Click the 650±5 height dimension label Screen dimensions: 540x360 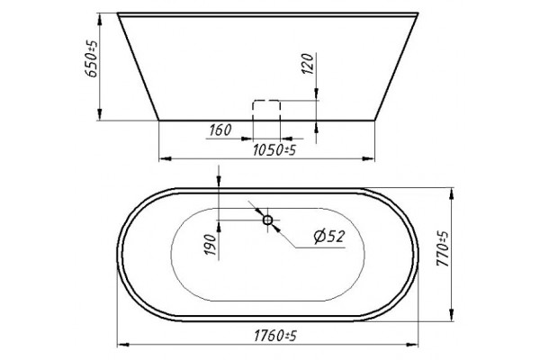[91, 58]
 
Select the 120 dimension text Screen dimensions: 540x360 [307, 64]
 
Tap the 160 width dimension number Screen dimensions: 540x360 [220, 130]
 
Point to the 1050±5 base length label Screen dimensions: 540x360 [274, 150]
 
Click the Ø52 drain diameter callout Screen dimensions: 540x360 [329, 237]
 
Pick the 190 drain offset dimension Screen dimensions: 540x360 [211, 245]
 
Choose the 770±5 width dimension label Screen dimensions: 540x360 [443, 248]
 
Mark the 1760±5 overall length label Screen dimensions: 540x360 [275, 336]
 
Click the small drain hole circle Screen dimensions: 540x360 [267, 220]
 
